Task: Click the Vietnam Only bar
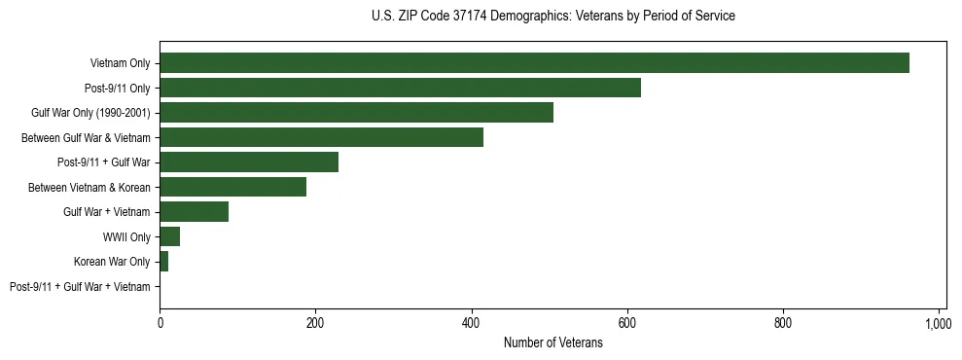pos(534,63)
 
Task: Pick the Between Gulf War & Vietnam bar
pos(321,137)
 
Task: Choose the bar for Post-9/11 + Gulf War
pos(249,162)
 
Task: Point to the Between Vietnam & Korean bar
pos(232,187)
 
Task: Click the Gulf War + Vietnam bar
pos(194,212)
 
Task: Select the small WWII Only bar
pos(169,236)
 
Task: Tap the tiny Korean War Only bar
pos(163,262)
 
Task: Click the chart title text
pos(553,17)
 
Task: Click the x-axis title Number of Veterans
pos(553,343)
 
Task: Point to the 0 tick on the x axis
pos(160,323)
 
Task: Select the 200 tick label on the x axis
pos(315,323)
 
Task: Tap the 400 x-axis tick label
pos(471,323)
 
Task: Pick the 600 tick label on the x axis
pos(627,323)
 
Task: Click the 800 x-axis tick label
pos(783,323)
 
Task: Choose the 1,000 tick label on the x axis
pos(939,323)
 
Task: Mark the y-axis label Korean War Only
pos(112,262)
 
